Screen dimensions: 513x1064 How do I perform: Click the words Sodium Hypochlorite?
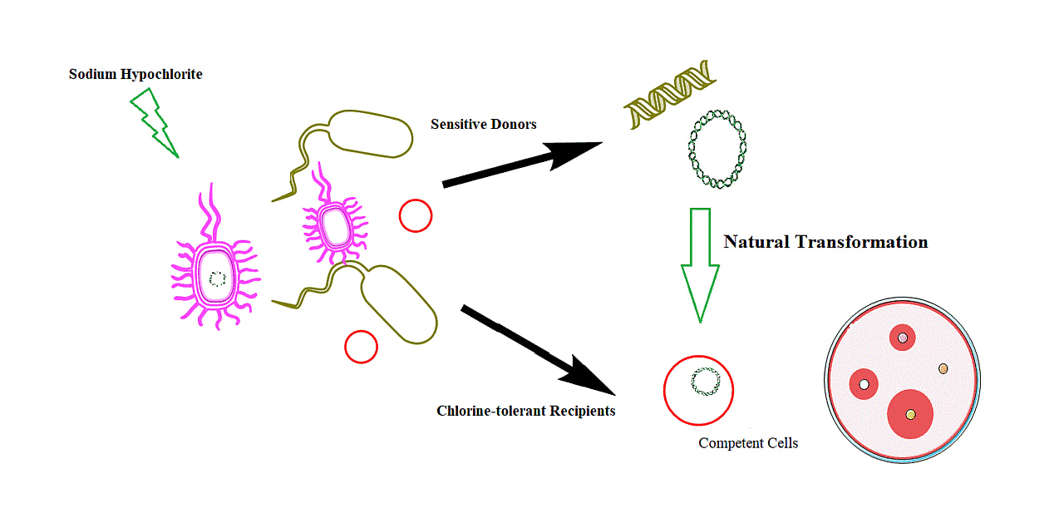pyautogui.click(x=135, y=75)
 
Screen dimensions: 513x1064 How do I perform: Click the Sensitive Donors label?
pyautogui.click(x=483, y=124)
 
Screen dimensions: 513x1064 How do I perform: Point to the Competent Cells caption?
pyautogui.click(x=748, y=443)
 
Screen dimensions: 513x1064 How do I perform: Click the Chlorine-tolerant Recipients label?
pyautogui.click(x=525, y=411)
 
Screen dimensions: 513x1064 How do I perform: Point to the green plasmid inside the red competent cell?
pyautogui.click(x=706, y=382)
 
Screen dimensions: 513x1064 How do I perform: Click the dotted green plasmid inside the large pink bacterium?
pyautogui.click(x=217, y=279)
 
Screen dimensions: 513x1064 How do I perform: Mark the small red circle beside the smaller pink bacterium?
pyautogui.click(x=415, y=216)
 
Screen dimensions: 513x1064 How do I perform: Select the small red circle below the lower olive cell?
pyautogui.click(x=361, y=347)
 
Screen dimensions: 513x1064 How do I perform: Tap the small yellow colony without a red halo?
pyautogui.click(x=943, y=368)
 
